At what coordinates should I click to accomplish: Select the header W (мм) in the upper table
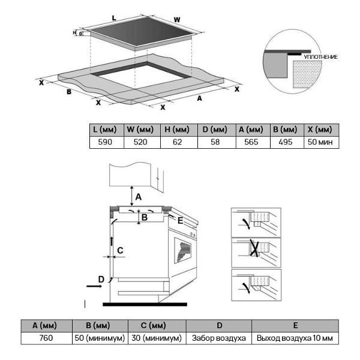click(x=140, y=130)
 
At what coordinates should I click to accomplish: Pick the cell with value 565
click(x=250, y=143)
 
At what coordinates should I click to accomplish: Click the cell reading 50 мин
click(x=320, y=143)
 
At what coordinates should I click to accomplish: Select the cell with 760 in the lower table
click(x=46, y=338)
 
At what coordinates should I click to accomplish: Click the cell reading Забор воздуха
click(x=218, y=338)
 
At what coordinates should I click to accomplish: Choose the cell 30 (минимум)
click(x=157, y=338)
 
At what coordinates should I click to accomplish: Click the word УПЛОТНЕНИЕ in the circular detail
click(x=321, y=57)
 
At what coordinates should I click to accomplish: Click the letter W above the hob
click(x=177, y=20)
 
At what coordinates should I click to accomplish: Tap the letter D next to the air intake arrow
click(x=101, y=278)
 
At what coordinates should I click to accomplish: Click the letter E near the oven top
click(x=179, y=220)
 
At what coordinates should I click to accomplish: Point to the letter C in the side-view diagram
click(x=120, y=250)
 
